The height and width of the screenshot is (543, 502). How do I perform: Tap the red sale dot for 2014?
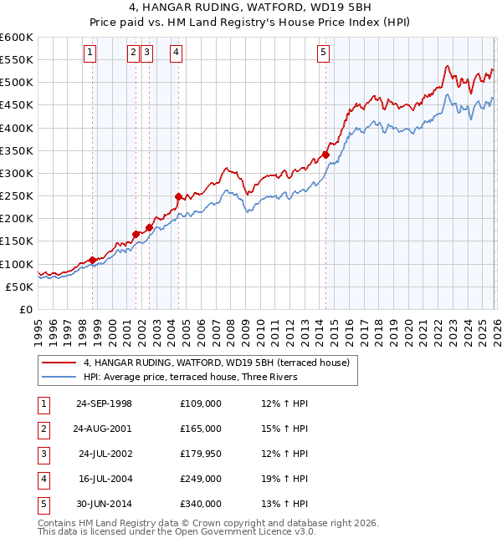pos(325,155)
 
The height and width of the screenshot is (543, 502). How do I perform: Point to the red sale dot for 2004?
pos(178,196)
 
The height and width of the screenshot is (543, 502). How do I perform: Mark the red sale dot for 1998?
pos(92,260)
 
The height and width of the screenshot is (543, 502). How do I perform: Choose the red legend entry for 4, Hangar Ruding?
pos(221,363)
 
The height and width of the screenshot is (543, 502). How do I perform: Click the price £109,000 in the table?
pos(201,403)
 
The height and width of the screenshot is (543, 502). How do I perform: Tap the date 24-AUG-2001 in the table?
pos(104,429)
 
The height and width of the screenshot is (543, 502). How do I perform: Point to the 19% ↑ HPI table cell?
pos(284,479)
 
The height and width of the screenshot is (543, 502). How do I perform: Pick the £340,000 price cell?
pos(201,504)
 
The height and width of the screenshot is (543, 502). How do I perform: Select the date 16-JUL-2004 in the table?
pos(105,479)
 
